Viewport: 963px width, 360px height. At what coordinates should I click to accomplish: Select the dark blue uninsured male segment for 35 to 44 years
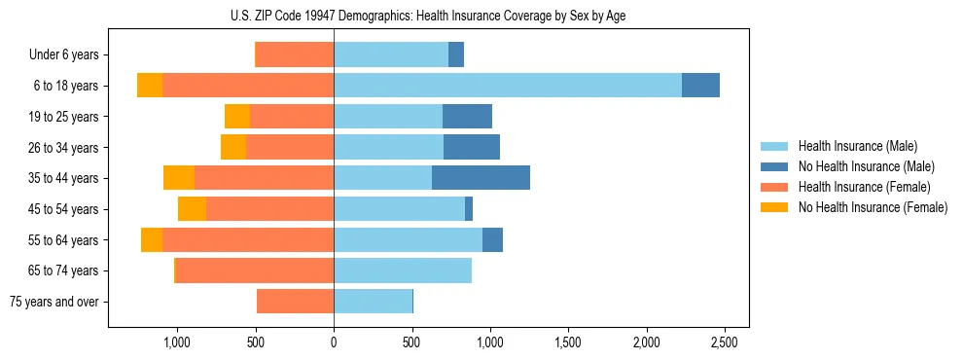[x=481, y=178]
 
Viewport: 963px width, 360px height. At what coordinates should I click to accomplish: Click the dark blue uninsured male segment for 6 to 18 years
[x=700, y=86]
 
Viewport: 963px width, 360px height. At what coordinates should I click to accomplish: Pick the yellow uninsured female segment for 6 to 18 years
[x=150, y=86]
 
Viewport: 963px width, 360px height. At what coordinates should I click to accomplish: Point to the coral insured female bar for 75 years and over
[x=295, y=302]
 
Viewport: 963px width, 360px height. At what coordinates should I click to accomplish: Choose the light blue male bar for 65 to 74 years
[x=403, y=270]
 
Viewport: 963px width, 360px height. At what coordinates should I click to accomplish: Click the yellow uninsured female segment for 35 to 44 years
[x=179, y=178]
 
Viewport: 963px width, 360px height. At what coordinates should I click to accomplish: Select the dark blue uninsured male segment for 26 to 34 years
[x=472, y=147]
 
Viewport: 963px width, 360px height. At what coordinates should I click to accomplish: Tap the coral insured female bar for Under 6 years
[x=294, y=54]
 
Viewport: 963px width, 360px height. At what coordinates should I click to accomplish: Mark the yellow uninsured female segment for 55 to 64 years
[x=152, y=239]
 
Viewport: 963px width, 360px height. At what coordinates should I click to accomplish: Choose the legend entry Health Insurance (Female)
[x=851, y=187]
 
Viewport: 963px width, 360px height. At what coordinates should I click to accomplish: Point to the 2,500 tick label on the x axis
[x=724, y=342]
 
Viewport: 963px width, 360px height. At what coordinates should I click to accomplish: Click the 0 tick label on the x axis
[x=334, y=342]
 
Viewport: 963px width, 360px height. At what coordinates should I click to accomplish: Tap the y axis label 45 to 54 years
[x=64, y=209]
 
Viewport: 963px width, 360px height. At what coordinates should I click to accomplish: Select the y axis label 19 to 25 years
[x=64, y=117]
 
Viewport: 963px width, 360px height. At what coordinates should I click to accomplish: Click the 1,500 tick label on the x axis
[x=568, y=342]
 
